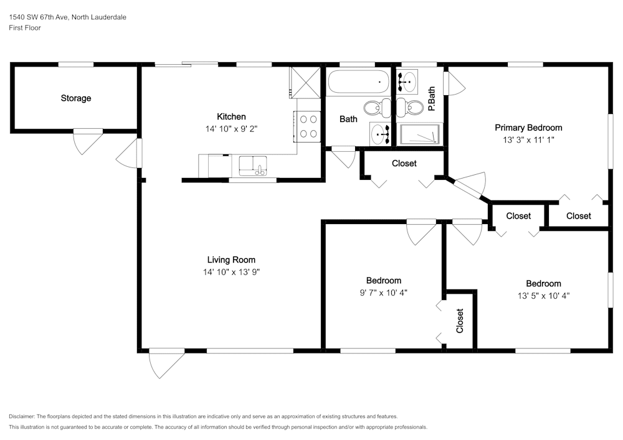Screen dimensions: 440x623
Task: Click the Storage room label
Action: [76, 98]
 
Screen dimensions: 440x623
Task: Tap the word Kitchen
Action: [231, 116]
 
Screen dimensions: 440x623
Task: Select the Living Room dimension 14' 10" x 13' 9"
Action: [231, 271]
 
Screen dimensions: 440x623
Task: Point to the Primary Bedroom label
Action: [528, 128]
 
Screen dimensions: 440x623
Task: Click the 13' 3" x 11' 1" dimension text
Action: [528, 140]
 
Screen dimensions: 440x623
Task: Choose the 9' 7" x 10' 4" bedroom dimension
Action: [383, 292]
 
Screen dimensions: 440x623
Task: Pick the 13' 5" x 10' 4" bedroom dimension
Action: [543, 295]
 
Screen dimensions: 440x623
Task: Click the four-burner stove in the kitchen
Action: [307, 125]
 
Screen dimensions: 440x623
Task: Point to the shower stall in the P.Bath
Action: [419, 134]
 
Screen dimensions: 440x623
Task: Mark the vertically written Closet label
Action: [460, 321]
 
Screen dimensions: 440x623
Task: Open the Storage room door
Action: [88, 141]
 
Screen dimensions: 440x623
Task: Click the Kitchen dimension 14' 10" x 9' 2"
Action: [231, 129]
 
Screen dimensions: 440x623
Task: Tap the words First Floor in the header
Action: [25, 28]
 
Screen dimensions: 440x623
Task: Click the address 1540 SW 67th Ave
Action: [40, 17]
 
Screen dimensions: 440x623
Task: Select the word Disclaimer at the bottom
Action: [22, 416]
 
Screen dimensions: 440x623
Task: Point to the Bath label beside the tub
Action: [348, 119]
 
